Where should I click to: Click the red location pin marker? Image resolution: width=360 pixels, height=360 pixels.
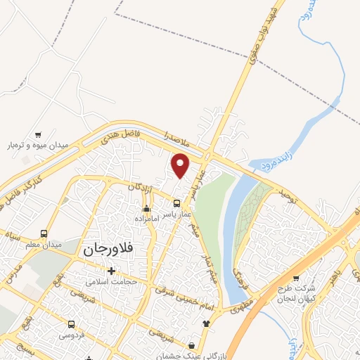coord(181,166)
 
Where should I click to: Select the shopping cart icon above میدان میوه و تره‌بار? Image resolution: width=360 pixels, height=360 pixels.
coord(38,134)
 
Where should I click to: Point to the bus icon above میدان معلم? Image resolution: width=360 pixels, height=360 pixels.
coord(44,233)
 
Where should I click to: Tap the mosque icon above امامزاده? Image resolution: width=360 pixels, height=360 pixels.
coord(146,208)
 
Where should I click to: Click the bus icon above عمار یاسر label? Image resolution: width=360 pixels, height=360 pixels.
coord(176,204)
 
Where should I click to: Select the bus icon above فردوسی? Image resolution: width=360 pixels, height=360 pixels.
coord(72,325)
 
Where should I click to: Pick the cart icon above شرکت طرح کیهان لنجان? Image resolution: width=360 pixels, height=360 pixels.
coord(295,278)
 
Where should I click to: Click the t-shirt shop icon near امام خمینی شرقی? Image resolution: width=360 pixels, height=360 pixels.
coord(205,323)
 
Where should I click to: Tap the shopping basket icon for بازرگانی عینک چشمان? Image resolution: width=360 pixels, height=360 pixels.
coord(192,345)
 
